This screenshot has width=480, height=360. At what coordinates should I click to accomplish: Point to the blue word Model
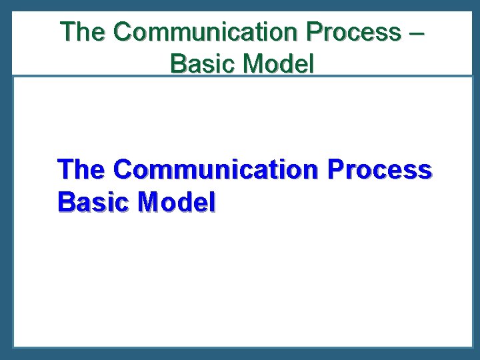pyautogui.click(x=176, y=201)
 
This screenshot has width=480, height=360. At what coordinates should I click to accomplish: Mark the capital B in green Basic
pyautogui.click(x=179, y=64)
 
